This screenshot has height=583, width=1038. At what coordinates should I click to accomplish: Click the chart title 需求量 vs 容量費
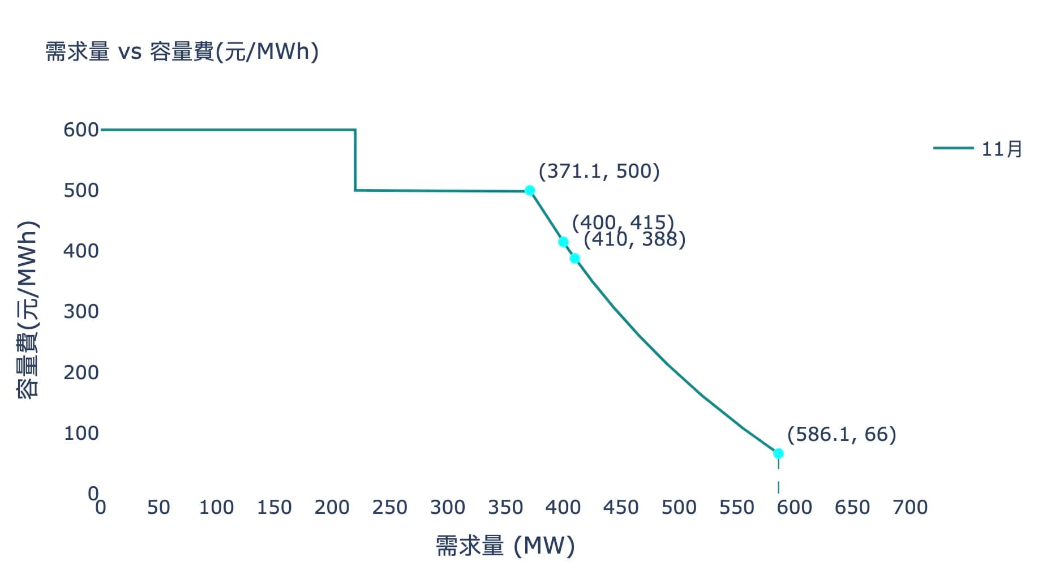[182, 52]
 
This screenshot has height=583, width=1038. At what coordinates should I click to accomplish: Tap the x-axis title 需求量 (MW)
[505, 546]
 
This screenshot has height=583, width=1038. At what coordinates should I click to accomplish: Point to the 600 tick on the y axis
[81, 130]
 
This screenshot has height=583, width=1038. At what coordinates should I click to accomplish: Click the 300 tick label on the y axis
[81, 311]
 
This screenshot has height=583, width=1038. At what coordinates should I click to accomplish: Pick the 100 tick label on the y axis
[81, 433]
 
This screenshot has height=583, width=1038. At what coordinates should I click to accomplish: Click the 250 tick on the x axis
[389, 507]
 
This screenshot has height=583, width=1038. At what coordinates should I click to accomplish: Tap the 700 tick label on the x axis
[910, 507]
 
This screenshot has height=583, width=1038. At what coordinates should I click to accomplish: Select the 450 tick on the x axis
[620, 507]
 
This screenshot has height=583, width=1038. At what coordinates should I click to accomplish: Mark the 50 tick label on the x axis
[158, 507]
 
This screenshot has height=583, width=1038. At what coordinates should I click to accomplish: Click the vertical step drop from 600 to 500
[355, 160]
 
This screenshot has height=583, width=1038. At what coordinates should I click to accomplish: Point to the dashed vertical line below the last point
[778, 475]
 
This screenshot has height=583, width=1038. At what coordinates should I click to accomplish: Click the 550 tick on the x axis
[736, 507]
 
